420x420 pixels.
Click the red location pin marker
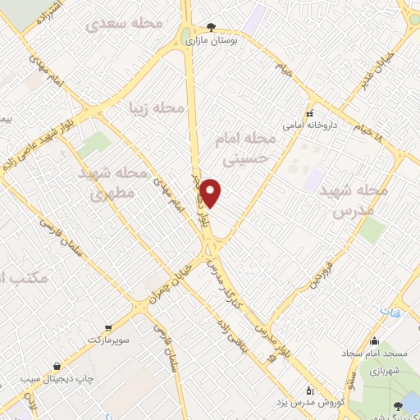pyautogui.click(x=212, y=192)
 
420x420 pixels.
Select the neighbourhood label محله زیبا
pyautogui.click(x=155, y=107)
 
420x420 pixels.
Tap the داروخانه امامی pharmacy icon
pyautogui.click(x=309, y=113)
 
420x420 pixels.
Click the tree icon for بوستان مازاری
pyautogui.click(x=211, y=27)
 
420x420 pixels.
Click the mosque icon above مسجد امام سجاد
pyautogui.click(x=374, y=341)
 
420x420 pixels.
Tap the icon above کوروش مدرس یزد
pyautogui.click(x=308, y=390)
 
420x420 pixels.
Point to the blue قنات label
pyautogui.click(x=387, y=312)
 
